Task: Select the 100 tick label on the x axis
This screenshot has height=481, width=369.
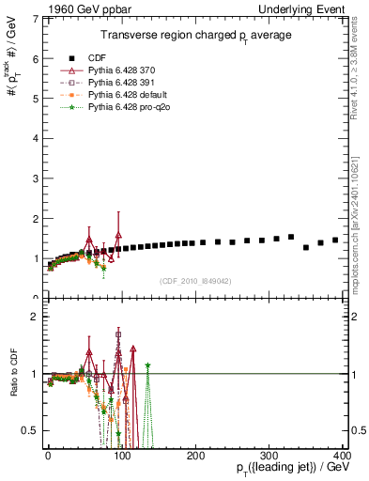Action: tap(121, 456)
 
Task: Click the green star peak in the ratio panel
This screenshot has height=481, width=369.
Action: tap(147, 365)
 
